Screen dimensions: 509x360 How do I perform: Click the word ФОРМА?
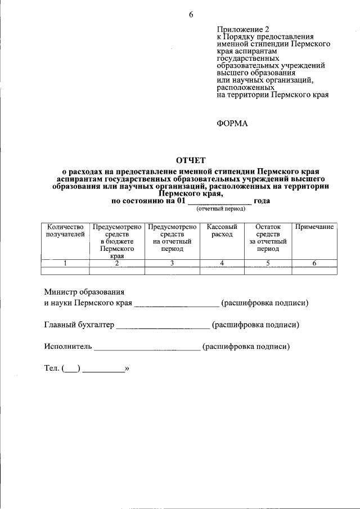232,124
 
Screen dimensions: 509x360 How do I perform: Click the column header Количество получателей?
65,230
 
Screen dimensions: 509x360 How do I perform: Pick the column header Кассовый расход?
222,230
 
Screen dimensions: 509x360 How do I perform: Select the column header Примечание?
314,227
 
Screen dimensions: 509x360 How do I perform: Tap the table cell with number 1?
65,263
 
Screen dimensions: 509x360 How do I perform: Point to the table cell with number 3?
172,263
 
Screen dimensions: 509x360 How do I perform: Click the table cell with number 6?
314,263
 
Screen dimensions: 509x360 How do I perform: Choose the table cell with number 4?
222,263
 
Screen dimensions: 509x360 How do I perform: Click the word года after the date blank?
262,201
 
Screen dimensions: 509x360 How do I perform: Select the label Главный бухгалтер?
79,325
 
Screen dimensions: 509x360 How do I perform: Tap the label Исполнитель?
67,346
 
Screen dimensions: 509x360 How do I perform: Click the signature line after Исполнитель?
147,349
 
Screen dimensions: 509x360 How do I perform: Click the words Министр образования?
84,292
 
